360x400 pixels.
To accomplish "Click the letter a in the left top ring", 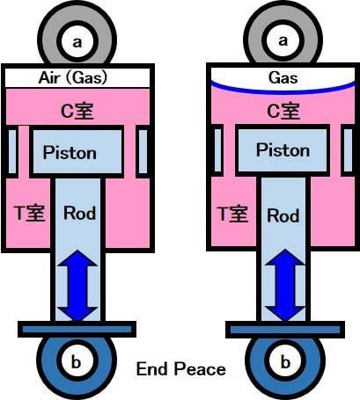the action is click(77, 42).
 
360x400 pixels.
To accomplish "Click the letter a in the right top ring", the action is click(283, 40).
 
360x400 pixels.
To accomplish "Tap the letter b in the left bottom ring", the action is click(77, 362).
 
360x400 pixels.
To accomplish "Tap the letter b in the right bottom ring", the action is click(285, 362).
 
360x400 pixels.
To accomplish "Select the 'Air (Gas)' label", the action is click(73, 77).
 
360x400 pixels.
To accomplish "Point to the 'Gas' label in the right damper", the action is click(283, 77).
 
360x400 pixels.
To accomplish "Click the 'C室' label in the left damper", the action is click(77, 112).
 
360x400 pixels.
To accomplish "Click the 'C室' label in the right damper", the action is click(283, 112).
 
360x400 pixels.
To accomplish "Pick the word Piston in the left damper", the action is click(70, 153).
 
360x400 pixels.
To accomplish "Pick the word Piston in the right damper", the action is click(283, 150).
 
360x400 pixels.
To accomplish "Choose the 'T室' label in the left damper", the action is click(30, 213).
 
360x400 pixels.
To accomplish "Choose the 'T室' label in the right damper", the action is click(233, 214).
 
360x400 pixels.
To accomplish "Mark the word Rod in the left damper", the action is click(80, 213).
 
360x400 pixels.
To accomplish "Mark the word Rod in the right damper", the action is click(283, 215).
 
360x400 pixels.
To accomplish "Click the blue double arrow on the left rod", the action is click(77, 286).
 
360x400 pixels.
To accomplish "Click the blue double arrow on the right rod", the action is click(285, 285).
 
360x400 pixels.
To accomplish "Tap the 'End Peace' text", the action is click(181, 368).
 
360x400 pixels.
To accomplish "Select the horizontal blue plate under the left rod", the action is click(77, 330).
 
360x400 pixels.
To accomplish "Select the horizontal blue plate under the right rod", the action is click(285, 330).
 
